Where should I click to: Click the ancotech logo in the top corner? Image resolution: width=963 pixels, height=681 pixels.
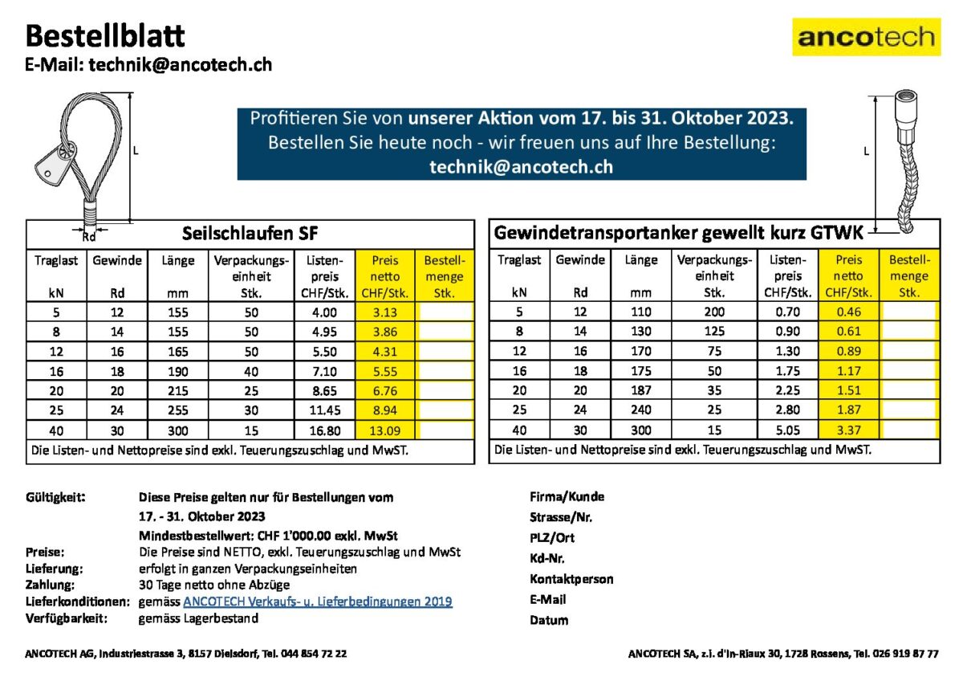(866, 37)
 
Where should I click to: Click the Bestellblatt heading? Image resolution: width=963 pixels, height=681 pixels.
(105, 35)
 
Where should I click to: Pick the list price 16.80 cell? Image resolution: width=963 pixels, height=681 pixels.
(325, 430)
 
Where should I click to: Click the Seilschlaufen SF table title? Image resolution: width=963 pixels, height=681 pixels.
(250, 234)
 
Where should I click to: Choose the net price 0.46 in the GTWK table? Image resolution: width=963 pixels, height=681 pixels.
(849, 312)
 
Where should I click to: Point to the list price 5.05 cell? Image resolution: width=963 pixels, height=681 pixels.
(790, 430)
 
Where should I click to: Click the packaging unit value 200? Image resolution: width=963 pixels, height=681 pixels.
(714, 312)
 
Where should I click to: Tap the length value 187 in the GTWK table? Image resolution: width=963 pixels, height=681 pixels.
(640, 390)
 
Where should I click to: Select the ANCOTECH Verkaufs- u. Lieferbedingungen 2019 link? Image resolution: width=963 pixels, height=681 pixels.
(318, 601)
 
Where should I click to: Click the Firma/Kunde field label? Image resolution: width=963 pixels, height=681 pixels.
(567, 496)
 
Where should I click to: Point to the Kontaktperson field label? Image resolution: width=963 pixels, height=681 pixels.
(571, 579)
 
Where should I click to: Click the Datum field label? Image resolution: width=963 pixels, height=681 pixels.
(549, 620)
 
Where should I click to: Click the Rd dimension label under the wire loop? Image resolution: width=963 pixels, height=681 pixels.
(89, 236)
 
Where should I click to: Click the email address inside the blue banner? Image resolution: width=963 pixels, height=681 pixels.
(521, 166)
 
